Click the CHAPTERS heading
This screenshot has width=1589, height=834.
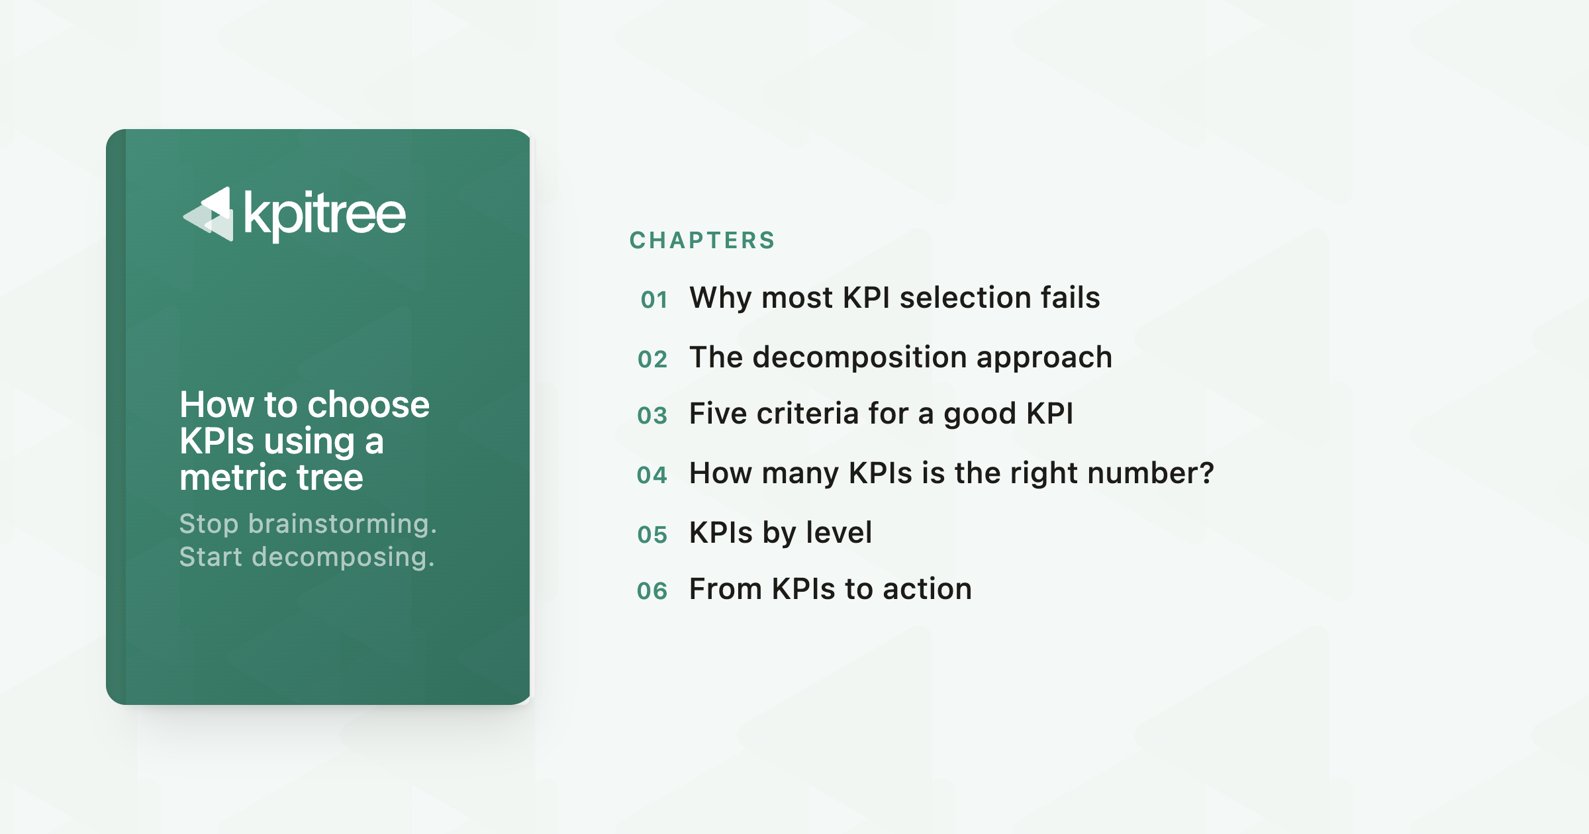pyautogui.click(x=702, y=240)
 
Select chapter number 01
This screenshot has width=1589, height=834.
pyautogui.click(x=654, y=300)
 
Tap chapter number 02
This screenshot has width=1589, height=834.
pyautogui.click(x=653, y=359)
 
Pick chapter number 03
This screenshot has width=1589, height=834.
pyautogui.click(x=652, y=416)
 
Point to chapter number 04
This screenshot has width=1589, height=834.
pyautogui.click(x=652, y=475)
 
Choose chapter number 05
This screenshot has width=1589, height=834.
pyautogui.click(x=652, y=535)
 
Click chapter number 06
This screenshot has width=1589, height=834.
pyautogui.click(x=652, y=591)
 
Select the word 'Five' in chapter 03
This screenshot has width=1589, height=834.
pyautogui.click(x=718, y=413)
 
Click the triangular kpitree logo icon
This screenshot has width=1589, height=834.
pyautogui.click(x=208, y=214)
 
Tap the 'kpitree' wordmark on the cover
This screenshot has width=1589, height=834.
pyautogui.click(x=324, y=215)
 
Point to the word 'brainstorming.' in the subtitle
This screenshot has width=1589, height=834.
pyautogui.click(x=342, y=524)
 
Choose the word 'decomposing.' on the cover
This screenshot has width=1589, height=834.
pyautogui.click(x=343, y=557)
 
